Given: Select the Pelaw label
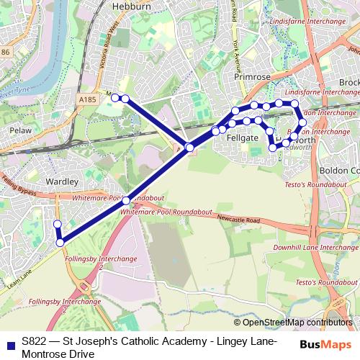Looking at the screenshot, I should pyautogui.click(x=20, y=131).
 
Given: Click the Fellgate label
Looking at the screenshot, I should pyautogui.click(x=243, y=137).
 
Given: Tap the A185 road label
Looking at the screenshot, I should pyautogui.click(x=88, y=99).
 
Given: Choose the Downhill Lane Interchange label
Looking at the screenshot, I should pyautogui.click(x=314, y=248).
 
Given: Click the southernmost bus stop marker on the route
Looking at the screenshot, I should pyautogui.click(x=60, y=243).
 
